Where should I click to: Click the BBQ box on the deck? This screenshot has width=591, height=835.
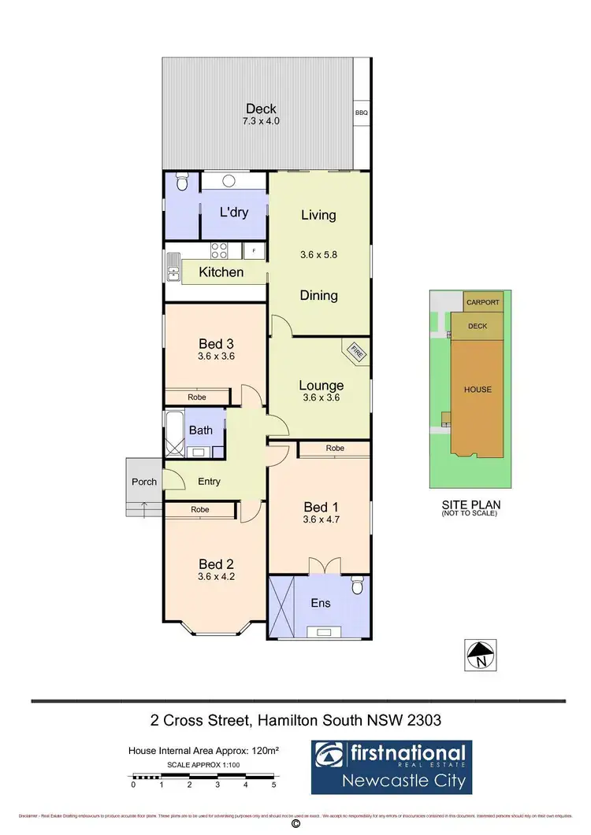point(362,113)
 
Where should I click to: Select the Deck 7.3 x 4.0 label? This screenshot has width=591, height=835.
point(261,115)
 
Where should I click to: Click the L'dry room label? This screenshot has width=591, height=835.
point(234,212)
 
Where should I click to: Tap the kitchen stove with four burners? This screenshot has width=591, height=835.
point(219,251)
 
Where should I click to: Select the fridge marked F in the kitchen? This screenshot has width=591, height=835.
point(254,251)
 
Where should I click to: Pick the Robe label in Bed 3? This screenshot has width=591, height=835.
point(197,397)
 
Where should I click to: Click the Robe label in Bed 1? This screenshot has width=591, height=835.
point(334,449)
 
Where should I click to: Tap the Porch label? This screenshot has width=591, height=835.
point(144,482)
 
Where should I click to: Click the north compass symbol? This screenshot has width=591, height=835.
point(481,654)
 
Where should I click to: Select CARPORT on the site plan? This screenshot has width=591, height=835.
point(482,302)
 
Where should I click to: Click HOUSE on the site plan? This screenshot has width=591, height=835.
point(478,390)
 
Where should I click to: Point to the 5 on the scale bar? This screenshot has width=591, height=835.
point(273,785)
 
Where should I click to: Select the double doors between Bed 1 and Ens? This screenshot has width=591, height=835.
point(320,567)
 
